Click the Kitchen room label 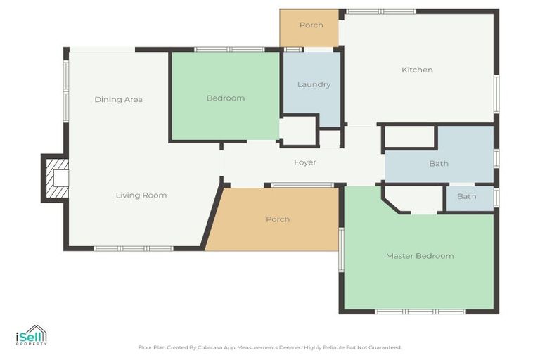point(417,70)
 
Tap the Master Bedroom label point(419,256)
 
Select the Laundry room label point(314,84)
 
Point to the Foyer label point(304,162)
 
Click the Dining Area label point(118,100)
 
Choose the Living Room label point(141,195)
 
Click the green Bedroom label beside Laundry point(225,98)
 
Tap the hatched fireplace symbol point(56,178)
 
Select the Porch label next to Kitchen point(311,25)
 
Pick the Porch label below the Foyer point(278,219)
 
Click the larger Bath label point(439,164)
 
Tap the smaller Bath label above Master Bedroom point(466,197)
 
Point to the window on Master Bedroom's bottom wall point(420,311)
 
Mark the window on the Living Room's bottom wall point(134,248)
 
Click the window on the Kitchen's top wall point(381,12)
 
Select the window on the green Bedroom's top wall point(229,49)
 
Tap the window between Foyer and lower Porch point(302,185)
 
